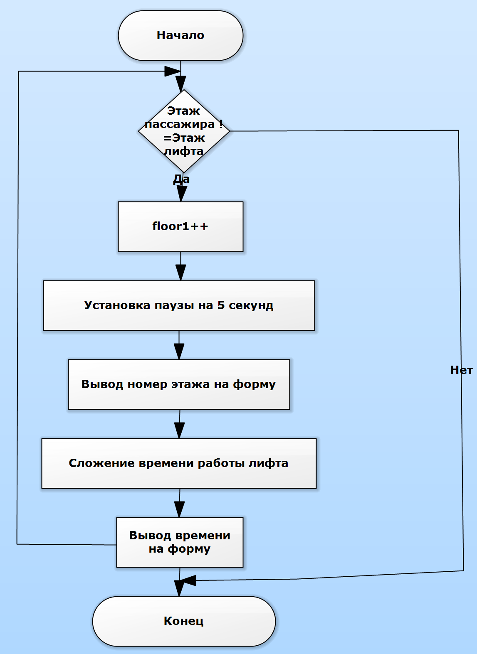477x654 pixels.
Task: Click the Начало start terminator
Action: click(x=180, y=36)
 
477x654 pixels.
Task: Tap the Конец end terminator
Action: click(x=184, y=621)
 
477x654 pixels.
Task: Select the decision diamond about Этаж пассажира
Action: click(x=184, y=131)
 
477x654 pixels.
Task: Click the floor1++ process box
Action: click(x=180, y=226)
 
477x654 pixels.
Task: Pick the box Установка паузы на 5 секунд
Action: click(x=179, y=305)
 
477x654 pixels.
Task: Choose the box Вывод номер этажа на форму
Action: click(x=179, y=384)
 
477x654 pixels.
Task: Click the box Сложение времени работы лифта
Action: click(x=179, y=463)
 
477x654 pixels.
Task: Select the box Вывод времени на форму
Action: click(x=180, y=542)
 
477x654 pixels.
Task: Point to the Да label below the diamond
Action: click(x=181, y=179)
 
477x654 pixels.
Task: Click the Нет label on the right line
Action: click(x=461, y=370)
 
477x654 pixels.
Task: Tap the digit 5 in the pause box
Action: click(x=221, y=305)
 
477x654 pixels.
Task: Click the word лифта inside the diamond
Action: click(x=184, y=151)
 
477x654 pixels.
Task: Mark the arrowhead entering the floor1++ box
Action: click(x=181, y=194)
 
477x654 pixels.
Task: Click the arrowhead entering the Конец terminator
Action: click(x=179, y=588)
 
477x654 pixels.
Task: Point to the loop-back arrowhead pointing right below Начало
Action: click(x=172, y=71)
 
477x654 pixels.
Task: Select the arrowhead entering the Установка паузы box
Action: click(x=180, y=273)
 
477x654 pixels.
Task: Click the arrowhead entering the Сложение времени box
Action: click(x=179, y=430)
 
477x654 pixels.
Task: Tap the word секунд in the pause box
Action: click(x=251, y=305)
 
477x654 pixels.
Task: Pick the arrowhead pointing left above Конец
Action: click(x=188, y=580)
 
